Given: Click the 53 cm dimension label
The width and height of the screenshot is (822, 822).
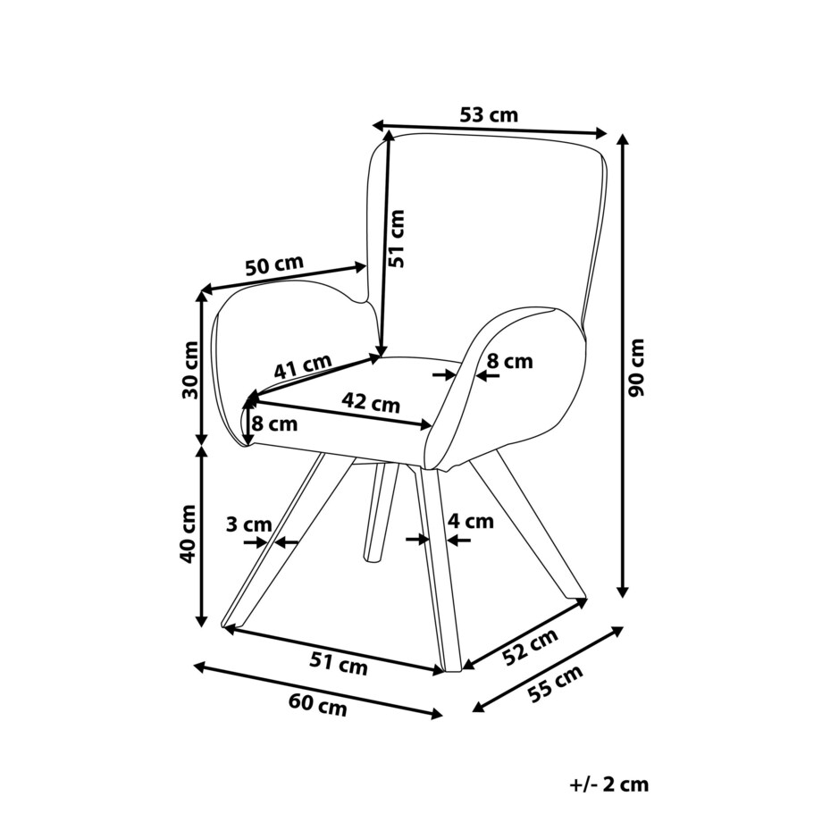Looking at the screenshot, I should click(489, 115).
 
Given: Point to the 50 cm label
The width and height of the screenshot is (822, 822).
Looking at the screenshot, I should click(274, 265).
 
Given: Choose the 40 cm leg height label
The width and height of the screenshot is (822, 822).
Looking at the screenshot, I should click(189, 533).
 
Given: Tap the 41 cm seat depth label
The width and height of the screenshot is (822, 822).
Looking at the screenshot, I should click(302, 368).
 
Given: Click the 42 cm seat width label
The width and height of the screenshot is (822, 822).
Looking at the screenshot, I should click(372, 403).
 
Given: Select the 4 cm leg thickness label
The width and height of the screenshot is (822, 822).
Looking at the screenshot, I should click(470, 521).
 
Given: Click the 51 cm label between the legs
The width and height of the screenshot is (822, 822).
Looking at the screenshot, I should click(339, 663).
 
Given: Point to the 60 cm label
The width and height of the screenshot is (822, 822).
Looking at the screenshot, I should click(317, 705).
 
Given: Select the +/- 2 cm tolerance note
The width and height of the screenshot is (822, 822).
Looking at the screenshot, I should click(608, 784).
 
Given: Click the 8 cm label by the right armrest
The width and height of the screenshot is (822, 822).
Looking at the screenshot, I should click(510, 361).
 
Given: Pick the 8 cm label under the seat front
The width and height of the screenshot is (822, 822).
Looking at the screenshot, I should click(274, 424).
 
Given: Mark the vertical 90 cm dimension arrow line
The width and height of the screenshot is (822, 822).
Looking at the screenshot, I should click(623, 367).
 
